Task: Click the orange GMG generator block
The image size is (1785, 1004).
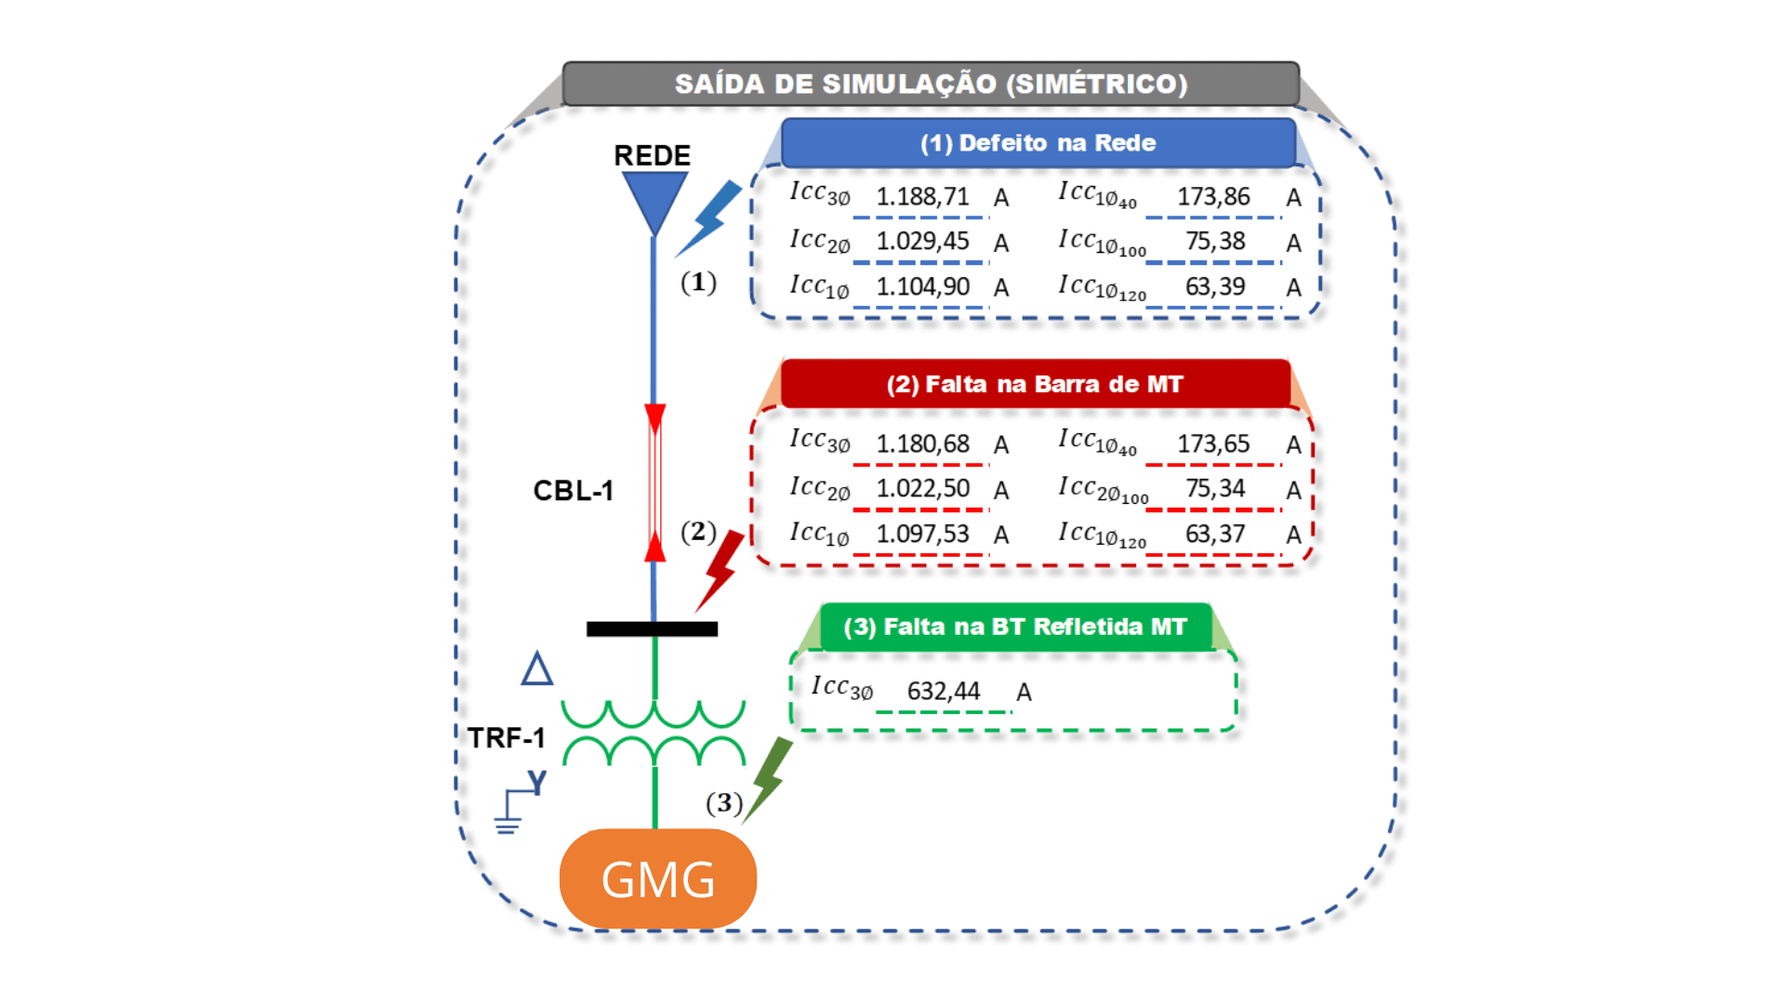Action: click(x=657, y=878)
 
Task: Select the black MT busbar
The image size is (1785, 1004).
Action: click(x=652, y=629)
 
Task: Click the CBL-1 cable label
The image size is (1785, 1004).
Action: click(x=573, y=491)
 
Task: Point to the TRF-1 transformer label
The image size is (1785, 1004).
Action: click(x=506, y=738)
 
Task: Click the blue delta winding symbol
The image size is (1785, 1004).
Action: click(x=537, y=669)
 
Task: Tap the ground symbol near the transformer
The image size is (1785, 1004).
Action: click(x=509, y=813)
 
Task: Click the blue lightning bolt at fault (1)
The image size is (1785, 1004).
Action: click(x=711, y=219)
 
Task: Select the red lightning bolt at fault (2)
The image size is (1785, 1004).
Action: click(x=721, y=569)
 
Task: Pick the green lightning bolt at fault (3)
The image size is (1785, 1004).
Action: click(x=768, y=778)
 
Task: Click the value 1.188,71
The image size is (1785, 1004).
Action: click(x=922, y=197)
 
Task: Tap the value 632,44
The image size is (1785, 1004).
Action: click(x=944, y=692)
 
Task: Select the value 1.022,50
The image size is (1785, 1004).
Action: click(x=922, y=489)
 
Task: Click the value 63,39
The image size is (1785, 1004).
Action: click(x=1214, y=286)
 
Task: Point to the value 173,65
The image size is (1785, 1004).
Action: click(x=1213, y=444)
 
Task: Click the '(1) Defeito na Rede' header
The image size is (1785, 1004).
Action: click(x=1038, y=143)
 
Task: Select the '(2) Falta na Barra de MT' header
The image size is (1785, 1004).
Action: click(x=1034, y=384)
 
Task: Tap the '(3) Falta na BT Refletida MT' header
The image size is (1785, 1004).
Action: click(x=1014, y=627)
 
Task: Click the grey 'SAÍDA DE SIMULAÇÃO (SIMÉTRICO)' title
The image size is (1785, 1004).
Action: click(x=931, y=84)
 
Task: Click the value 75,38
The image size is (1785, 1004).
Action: click(x=1214, y=242)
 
